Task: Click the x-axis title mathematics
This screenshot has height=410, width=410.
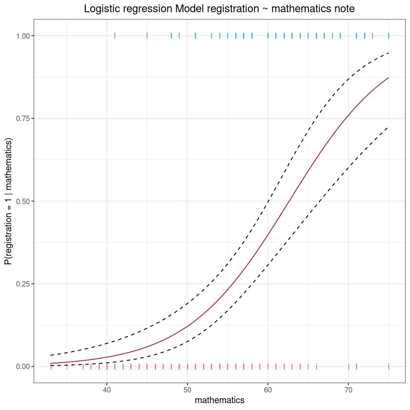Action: pos(220,400)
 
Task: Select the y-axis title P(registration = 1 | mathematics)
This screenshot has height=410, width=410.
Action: pos(8,201)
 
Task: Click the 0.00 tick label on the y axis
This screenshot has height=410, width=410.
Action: pos(22,367)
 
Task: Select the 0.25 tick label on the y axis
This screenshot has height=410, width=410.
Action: pos(22,284)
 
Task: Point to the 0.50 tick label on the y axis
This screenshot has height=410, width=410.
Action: pos(22,201)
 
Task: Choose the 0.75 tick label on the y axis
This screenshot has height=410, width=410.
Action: pos(22,119)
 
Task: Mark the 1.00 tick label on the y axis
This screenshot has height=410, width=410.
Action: pos(22,36)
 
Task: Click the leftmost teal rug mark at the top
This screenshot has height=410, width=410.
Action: pos(115,36)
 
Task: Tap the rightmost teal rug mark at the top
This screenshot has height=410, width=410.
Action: pos(389,36)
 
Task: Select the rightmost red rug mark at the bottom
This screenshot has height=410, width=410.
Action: pos(389,367)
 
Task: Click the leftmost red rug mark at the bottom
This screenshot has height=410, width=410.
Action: pos(51,367)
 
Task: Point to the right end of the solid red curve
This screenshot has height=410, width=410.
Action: pos(389,78)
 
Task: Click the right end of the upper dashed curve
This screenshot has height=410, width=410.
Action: pos(389,53)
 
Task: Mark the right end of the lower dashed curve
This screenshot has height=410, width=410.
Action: pos(389,127)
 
